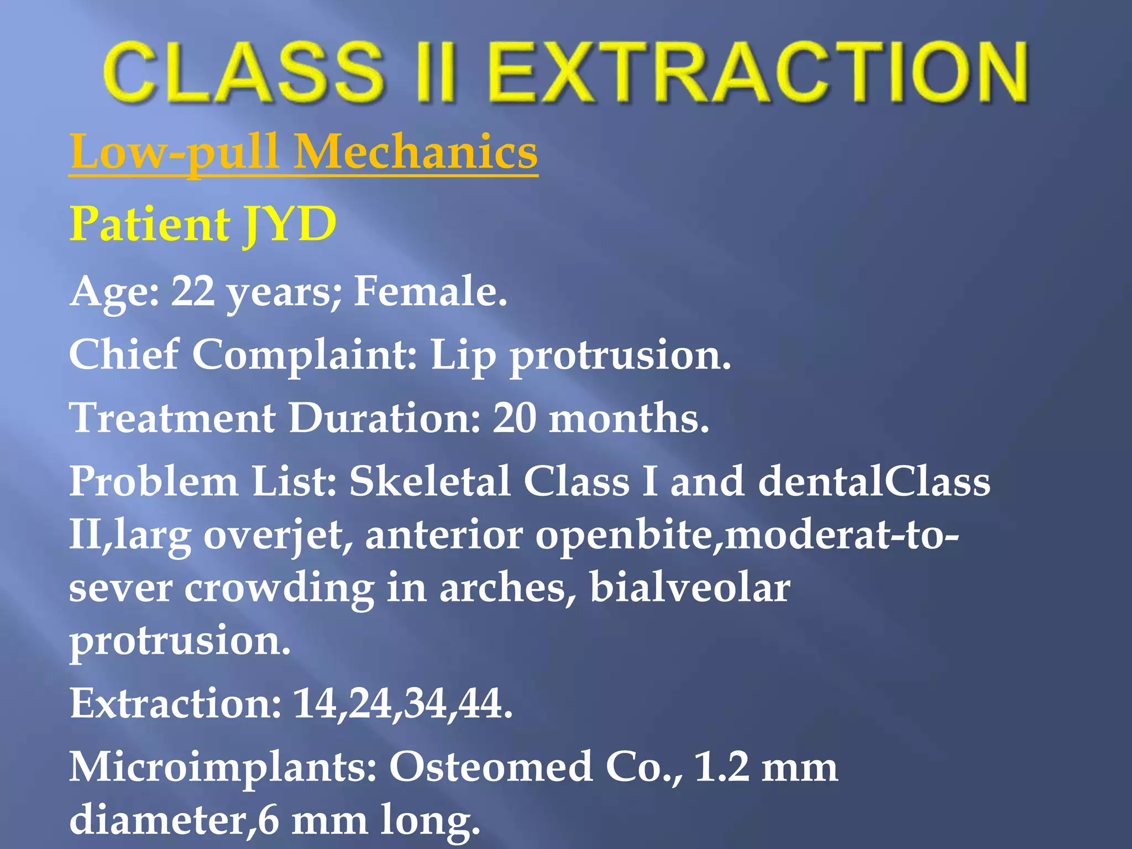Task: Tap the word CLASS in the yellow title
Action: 243,73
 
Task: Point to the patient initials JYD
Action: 290,224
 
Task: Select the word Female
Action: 430,291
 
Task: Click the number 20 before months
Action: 514,418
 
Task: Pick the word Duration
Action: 385,418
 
